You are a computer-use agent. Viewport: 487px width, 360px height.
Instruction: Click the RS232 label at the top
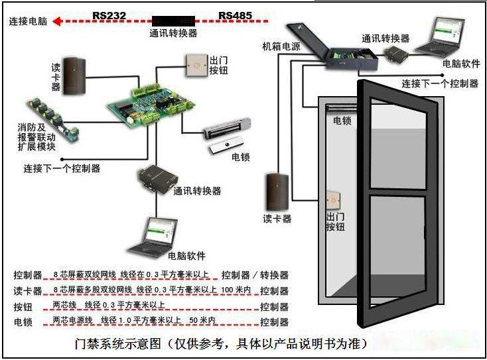tap(109, 15)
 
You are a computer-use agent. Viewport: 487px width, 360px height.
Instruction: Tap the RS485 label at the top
tap(235, 15)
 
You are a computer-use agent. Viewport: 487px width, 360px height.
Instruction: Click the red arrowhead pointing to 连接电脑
tap(57, 21)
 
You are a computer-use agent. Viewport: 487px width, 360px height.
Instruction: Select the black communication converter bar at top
tap(173, 21)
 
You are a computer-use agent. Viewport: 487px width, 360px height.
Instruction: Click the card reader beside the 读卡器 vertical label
tap(74, 76)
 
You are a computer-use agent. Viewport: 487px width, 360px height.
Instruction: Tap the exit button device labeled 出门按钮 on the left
tap(196, 66)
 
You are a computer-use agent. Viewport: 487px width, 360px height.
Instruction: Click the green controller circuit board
tap(151, 105)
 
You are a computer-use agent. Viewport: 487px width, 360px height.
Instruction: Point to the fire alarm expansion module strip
tap(53, 119)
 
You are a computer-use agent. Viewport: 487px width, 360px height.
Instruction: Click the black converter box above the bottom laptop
tap(159, 179)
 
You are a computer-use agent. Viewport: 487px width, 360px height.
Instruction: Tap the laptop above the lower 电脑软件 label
tap(153, 237)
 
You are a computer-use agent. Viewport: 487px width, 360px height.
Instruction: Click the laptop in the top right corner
tap(441, 36)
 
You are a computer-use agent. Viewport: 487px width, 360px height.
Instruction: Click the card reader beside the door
tap(277, 192)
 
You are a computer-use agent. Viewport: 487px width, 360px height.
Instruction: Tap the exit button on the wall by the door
tap(334, 201)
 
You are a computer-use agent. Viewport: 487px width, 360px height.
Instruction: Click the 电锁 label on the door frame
tap(342, 121)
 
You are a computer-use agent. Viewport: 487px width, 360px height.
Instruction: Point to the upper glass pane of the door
tap(399, 145)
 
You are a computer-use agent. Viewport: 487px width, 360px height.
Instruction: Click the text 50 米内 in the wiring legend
tap(202, 320)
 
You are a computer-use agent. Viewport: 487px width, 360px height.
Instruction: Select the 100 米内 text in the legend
tap(236, 290)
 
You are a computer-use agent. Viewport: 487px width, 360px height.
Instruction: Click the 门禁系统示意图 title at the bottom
tap(117, 344)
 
